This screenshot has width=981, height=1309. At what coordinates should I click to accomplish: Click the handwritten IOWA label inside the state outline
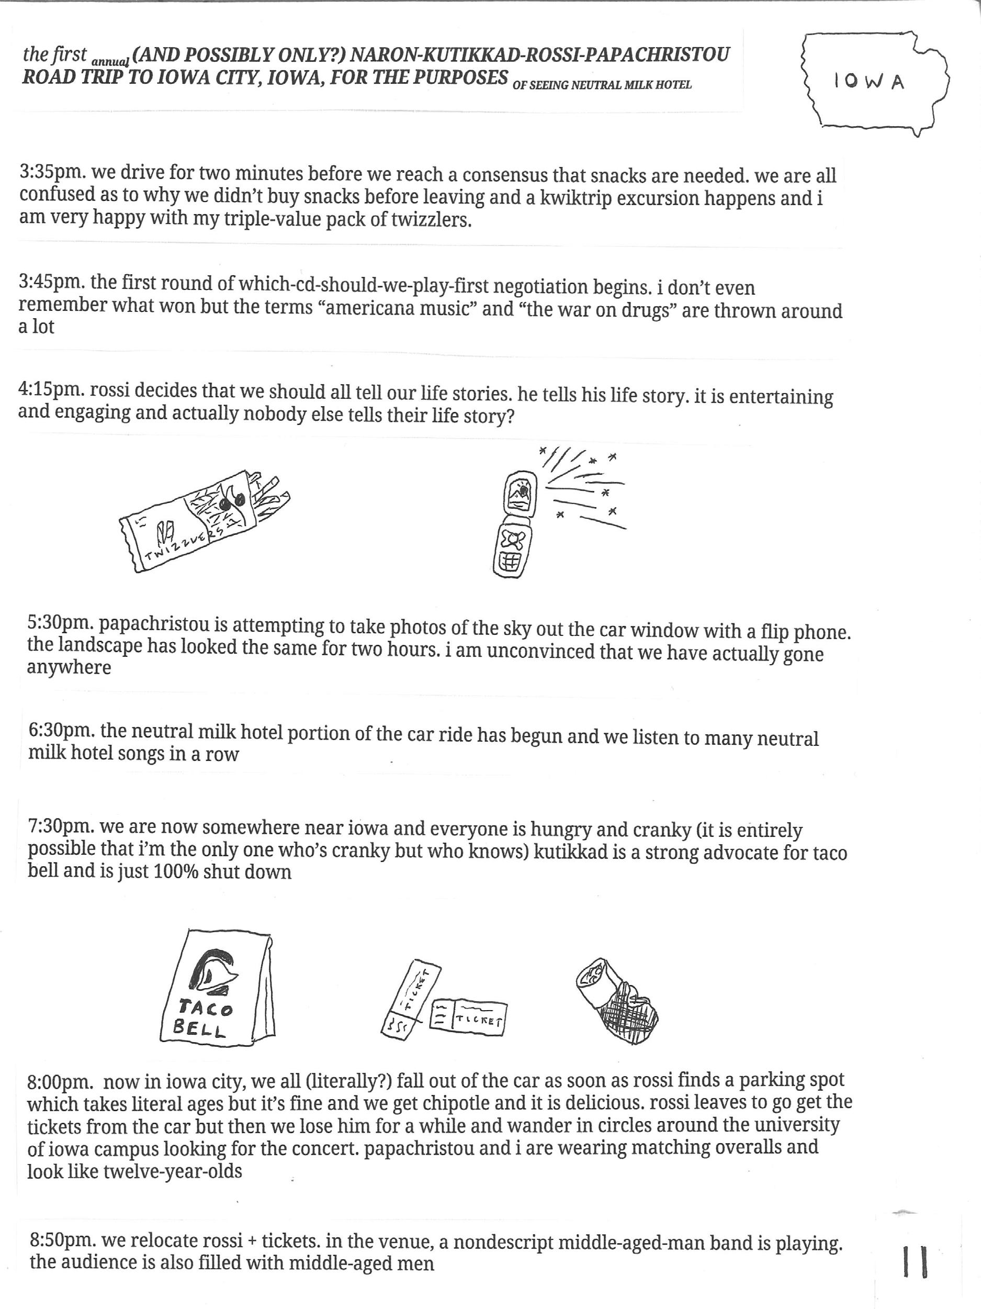tap(869, 82)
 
